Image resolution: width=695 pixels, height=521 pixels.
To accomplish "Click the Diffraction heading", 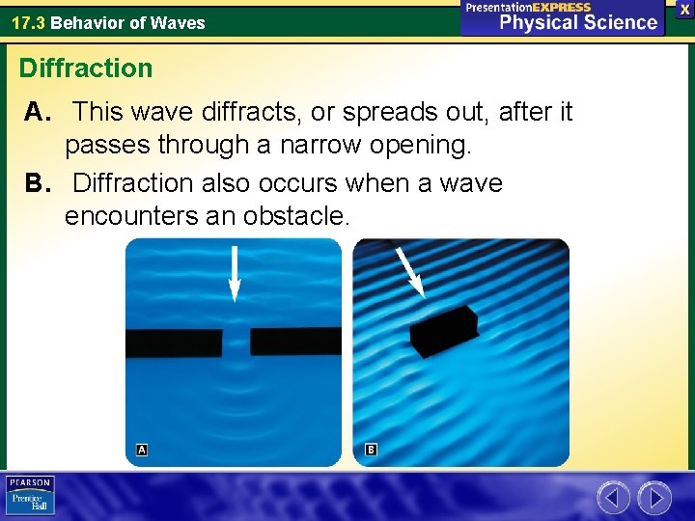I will [86, 69].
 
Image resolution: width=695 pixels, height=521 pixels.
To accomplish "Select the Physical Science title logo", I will [563, 17].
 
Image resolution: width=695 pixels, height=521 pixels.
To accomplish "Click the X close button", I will [684, 8].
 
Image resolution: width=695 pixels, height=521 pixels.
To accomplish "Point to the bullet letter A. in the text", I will [38, 113].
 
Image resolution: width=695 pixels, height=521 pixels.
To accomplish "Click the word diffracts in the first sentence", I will [247, 113].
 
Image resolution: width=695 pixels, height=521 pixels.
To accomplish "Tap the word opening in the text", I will [422, 147].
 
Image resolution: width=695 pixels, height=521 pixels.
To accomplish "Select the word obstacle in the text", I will [293, 217].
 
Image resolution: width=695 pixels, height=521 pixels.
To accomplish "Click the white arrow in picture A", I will [234, 274].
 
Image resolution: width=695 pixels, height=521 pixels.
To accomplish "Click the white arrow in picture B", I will [410, 271].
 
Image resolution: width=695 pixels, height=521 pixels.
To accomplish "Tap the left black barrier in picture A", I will [174, 343].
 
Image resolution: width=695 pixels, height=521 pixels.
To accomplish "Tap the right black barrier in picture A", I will [295, 342].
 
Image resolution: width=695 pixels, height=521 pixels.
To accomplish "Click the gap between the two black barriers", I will [236, 343].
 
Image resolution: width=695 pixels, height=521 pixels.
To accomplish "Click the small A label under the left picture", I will [142, 450].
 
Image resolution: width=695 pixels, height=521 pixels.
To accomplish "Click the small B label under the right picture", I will [371, 450].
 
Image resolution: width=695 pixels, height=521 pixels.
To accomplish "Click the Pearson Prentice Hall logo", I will [29, 495].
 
